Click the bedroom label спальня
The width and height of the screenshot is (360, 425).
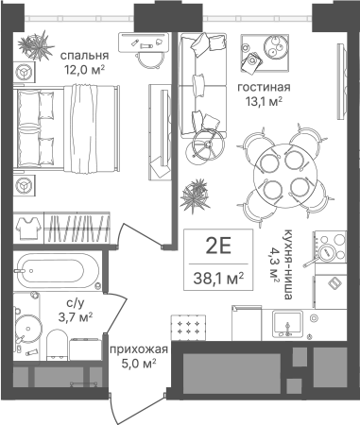point(84,56)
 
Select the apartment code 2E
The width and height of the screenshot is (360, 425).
point(218,246)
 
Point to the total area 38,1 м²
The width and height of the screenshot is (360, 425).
point(218,278)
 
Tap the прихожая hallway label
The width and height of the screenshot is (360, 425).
point(139,349)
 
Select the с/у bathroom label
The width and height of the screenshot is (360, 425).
point(76,303)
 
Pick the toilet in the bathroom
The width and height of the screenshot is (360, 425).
point(57,345)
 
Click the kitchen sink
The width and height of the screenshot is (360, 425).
point(287,323)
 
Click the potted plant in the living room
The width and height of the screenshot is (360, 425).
point(195,196)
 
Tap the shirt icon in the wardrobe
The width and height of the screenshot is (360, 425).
point(28,229)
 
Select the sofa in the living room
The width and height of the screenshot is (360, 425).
point(202,85)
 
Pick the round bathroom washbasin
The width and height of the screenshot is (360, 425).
point(28,328)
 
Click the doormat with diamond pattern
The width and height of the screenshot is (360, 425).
point(188,328)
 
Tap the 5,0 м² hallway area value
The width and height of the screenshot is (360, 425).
point(139,365)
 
